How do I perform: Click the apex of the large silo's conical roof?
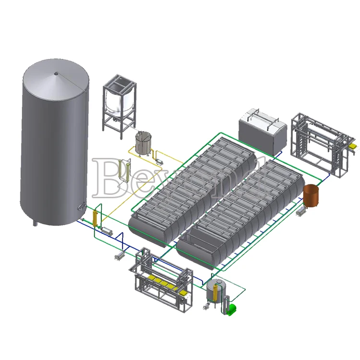(x=56, y=73)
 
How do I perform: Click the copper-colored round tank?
(x=311, y=195)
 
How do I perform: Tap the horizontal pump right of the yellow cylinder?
(x=107, y=231)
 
